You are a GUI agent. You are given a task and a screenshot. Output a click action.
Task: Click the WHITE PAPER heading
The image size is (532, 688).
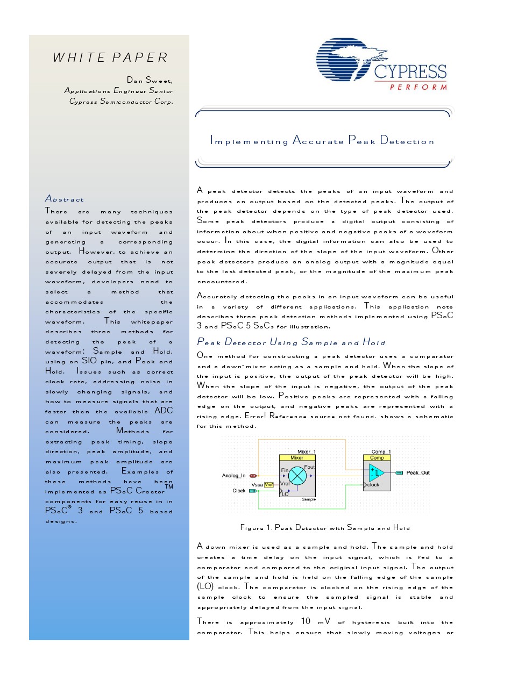110,58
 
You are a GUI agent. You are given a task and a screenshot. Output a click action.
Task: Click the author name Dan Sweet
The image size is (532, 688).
150,81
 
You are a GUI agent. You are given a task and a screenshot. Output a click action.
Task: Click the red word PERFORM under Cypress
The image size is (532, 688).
418,87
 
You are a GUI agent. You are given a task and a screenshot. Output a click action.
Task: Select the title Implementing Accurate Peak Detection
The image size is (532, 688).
322,141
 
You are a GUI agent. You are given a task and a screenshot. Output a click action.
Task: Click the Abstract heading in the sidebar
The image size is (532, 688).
65,199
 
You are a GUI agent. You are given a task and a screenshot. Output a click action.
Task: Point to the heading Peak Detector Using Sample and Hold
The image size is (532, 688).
291,342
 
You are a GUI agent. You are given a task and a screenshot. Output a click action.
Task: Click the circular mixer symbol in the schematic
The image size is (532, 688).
297,476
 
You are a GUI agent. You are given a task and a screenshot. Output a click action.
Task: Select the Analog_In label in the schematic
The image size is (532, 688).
233,476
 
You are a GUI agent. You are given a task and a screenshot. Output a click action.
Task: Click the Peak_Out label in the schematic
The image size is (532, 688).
418,473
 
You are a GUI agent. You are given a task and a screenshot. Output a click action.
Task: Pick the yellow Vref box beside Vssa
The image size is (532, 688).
269,485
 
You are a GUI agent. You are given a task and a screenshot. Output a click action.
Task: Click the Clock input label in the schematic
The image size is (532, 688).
239,491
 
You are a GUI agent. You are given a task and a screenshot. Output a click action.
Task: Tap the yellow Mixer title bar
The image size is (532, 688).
297,458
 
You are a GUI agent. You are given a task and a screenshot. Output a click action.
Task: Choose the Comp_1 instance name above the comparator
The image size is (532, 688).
381,451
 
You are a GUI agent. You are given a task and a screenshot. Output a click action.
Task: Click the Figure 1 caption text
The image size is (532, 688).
325,528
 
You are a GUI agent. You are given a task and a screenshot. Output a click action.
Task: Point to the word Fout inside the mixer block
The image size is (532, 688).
309,467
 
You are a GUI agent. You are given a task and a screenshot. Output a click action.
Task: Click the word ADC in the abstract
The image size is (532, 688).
164,411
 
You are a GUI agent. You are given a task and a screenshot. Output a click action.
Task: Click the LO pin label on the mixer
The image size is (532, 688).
285,494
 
